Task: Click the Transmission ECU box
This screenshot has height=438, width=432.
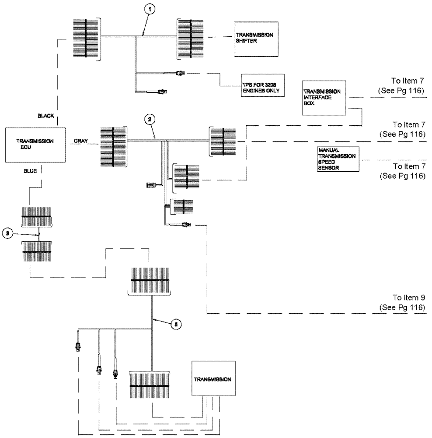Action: click(35, 145)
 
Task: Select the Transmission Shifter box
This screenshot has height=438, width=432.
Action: click(254, 39)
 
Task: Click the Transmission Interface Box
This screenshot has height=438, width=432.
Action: click(323, 97)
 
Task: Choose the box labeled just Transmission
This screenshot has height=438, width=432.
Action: click(213, 379)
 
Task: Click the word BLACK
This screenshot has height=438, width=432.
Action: click(45, 116)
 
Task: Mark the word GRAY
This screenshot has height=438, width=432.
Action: click(81, 141)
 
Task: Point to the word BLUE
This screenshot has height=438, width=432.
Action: click(30, 171)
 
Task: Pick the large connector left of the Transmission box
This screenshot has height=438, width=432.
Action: click(150, 385)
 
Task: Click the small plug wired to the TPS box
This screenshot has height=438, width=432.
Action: click(180, 73)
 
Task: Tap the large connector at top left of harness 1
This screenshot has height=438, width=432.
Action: click(86, 39)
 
